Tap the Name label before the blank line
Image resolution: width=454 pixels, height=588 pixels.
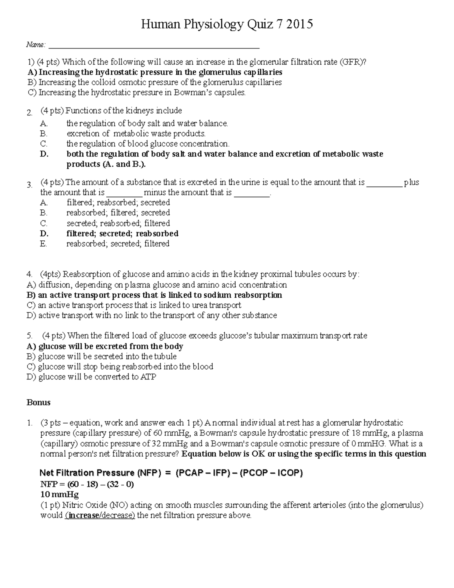point(36,45)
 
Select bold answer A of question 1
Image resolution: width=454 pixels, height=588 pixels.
point(155,72)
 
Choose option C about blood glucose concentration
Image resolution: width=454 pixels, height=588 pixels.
point(148,144)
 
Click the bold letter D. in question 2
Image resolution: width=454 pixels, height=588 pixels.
point(44,154)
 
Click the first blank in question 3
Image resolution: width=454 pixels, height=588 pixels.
point(384,182)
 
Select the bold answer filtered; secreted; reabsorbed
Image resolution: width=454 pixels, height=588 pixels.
point(122,234)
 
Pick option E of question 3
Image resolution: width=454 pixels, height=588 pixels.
point(118,244)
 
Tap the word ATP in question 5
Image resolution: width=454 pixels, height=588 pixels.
point(148,377)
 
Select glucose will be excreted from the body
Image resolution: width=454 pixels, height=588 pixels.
point(105,346)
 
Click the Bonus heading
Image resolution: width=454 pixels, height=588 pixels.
point(38,402)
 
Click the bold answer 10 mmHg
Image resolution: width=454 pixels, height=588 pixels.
point(59,494)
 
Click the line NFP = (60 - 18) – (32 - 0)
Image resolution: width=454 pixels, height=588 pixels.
point(87,484)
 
